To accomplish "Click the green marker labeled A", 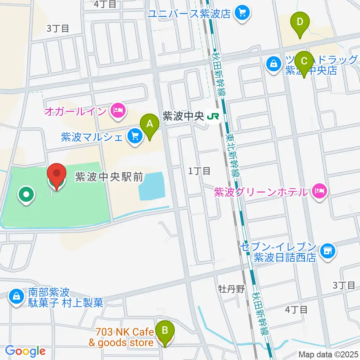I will click(x=149, y=124).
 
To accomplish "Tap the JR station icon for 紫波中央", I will click(x=213, y=117).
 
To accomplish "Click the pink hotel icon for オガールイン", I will click(x=118, y=111).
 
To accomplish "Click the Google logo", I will click(x=25, y=351).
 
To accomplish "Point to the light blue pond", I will click(x=152, y=186).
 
